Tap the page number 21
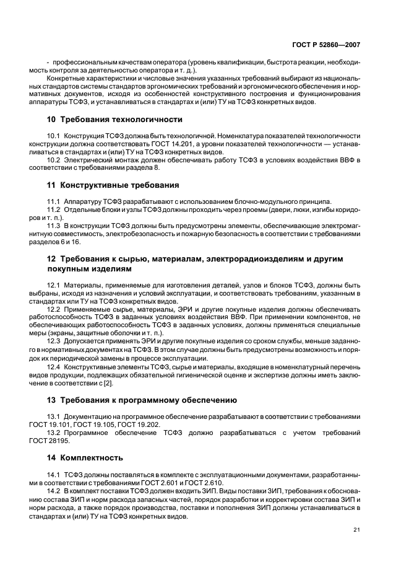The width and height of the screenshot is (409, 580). tap(356, 528)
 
